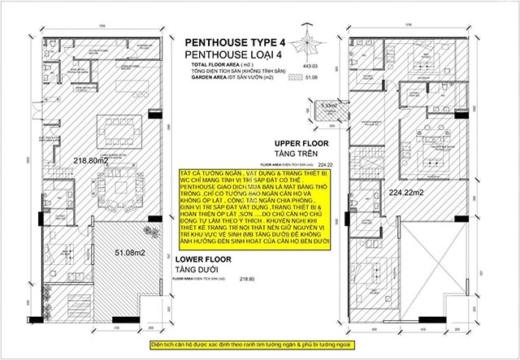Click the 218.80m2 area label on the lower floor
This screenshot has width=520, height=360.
[x=92, y=162]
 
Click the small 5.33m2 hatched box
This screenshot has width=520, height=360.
[x=328, y=105]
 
